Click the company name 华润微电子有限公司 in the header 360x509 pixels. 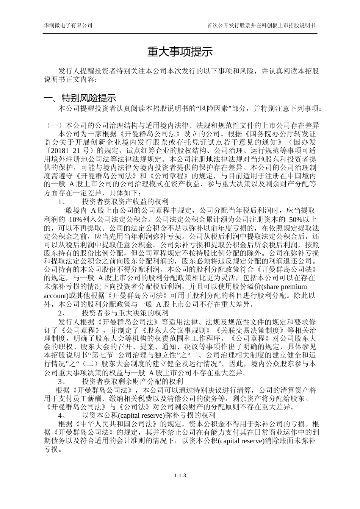[68, 25]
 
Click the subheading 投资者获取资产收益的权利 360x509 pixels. [125, 202]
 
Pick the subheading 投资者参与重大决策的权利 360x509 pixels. [125, 313]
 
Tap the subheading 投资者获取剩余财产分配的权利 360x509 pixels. [132, 381]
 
